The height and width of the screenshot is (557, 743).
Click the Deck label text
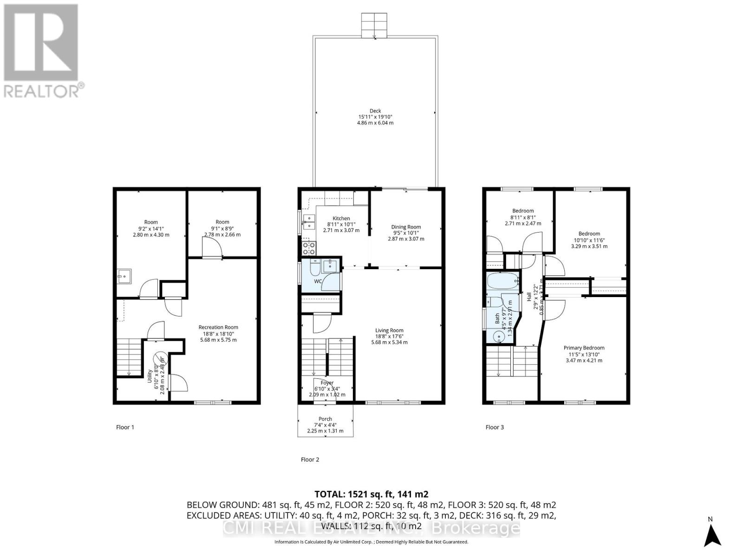tap(375, 111)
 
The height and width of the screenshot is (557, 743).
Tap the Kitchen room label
tap(341, 218)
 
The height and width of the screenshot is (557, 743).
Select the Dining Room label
tap(406, 227)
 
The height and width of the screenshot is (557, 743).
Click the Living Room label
tap(389, 330)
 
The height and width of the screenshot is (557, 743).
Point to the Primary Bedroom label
tap(584, 348)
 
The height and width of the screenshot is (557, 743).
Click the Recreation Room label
tap(218, 327)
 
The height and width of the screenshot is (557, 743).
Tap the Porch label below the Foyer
tap(325, 419)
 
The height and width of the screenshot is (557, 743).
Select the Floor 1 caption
tap(125, 427)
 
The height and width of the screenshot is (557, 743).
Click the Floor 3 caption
tap(495, 427)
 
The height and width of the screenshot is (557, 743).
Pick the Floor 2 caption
tap(310, 460)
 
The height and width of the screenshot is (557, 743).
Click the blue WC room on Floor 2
tap(320, 275)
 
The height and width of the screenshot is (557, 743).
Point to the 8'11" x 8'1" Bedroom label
tap(523, 211)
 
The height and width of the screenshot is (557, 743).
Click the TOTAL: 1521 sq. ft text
tap(371, 494)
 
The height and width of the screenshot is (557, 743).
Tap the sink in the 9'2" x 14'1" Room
tap(124, 276)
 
